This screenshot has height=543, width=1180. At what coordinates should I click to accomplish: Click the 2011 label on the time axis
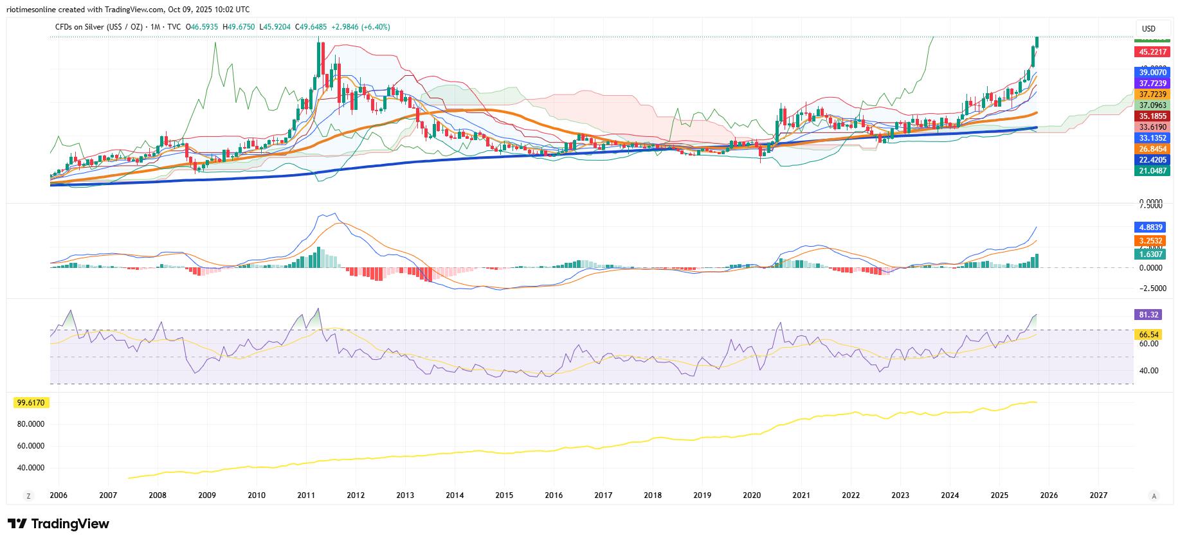(306, 495)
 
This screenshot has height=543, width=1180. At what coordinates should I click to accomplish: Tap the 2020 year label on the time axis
(752, 495)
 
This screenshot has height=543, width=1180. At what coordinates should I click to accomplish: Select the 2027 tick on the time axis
(1098, 495)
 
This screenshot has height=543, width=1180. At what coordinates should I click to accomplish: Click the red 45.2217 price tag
(1152, 51)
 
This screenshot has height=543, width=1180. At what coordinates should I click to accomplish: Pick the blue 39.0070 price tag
(1152, 73)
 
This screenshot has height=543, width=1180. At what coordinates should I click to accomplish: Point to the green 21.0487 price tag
(1152, 170)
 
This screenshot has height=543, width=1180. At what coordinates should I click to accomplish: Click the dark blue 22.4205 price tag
(1152, 159)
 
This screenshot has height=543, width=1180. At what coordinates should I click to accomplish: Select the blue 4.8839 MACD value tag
(1150, 227)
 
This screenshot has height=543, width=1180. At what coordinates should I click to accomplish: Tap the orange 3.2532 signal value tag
(1150, 241)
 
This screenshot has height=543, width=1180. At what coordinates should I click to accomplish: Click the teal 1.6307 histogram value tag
(1150, 254)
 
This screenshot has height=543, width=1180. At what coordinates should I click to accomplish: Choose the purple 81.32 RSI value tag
(1148, 315)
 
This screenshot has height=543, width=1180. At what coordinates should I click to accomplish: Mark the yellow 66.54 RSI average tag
(1148, 335)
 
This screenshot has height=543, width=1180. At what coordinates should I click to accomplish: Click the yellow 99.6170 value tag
(31, 402)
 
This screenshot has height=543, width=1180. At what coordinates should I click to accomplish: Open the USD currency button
(1148, 28)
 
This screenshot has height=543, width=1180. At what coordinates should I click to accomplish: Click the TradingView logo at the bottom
(59, 524)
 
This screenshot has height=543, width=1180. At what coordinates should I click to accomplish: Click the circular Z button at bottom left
(28, 495)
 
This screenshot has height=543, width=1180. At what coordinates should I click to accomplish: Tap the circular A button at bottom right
(1154, 495)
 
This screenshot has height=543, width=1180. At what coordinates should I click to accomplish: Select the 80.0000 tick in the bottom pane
(31, 424)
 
